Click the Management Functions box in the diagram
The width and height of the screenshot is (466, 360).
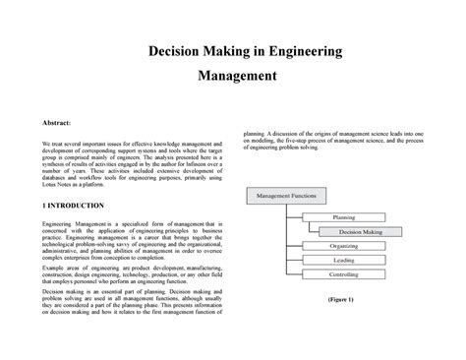coord(285,197)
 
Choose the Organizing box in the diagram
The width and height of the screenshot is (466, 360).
coord(343,247)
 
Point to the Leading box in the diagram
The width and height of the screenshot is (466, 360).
coord(343,261)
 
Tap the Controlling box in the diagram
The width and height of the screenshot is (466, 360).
coord(343,274)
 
